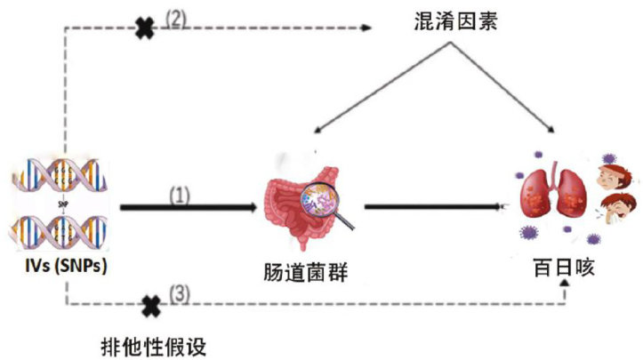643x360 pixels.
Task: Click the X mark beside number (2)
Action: click(144, 28)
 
